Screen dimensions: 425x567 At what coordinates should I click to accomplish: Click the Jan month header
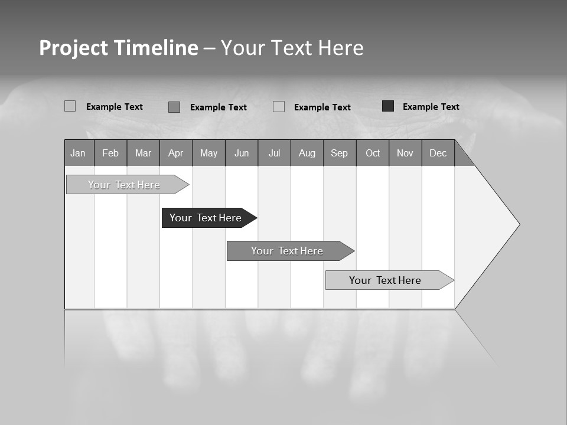(78, 153)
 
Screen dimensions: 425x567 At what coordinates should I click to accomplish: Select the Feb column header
(110, 153)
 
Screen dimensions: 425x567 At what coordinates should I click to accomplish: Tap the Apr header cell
(175, 153)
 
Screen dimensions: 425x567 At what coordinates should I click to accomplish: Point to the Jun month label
(242, 153)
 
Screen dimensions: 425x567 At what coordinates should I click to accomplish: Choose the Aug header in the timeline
(307, 153)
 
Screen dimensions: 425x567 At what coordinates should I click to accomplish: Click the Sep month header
(339, 153)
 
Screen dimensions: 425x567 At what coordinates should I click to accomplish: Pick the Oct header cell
(373, 153)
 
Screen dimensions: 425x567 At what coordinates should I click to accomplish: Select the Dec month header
(438, 153)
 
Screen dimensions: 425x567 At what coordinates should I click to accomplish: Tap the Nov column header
(405, 153)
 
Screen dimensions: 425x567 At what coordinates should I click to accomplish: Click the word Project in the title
(74, 48)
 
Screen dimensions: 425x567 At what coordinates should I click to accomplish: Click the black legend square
(388, 106)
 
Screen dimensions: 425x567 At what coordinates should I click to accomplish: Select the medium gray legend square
(174, 107)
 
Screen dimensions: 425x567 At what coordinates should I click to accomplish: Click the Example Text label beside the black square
(431, 106)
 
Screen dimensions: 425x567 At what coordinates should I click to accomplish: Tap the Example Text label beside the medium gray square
(218, 107)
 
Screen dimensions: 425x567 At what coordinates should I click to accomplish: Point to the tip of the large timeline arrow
(519, 224)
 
